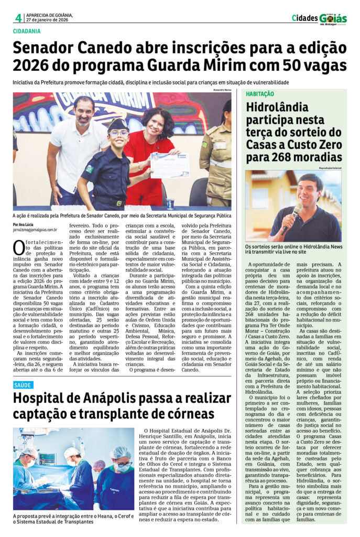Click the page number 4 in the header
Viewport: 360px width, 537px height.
[x=18, y=18]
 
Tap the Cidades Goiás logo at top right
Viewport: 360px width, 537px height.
[x=319, y=18]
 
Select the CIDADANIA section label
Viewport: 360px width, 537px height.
[x=30, y=31]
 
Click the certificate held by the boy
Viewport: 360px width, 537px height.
[x=169, y=165]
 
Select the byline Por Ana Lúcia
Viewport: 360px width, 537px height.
[x=24, y=224]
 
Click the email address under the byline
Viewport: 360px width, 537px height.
[x=35, y=230]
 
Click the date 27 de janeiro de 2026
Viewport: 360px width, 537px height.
[x=48, y=20]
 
